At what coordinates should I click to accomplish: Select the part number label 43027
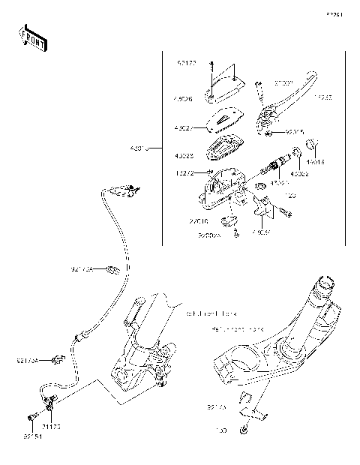[184, 127]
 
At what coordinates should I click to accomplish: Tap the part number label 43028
[184, 156]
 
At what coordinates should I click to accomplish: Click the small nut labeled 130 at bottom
[244, 430]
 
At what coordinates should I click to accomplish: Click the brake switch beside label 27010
[230, 220]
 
